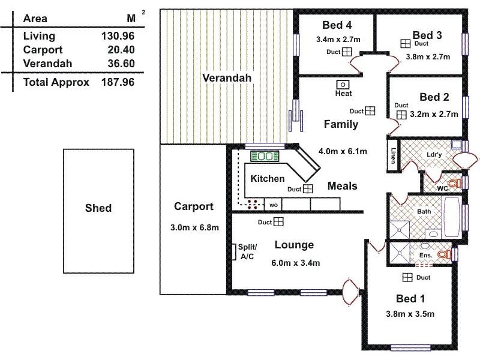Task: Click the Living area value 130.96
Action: (x=118, y=37)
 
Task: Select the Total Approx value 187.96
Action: (x=118, y=82)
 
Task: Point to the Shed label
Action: (x=98, y=208)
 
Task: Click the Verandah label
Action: (x=226, y=78)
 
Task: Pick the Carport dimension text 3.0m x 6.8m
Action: (x=194, y=227)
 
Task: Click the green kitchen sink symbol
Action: (x=262, y=157)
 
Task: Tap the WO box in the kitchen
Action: (x=273, y=205)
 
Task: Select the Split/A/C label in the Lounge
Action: (x=247, y=251)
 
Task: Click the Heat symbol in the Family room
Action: (x=344, y=85)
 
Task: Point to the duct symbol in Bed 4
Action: (x=347, y=52)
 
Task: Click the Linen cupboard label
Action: (x=394, y=156)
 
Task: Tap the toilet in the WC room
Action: (x=455, y=183)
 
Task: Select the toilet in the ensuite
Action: (x=443, y=255)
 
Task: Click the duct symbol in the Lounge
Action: (x=278, y=223)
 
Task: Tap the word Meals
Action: (x=342, y=186)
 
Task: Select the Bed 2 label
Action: (x=434, y=97)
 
